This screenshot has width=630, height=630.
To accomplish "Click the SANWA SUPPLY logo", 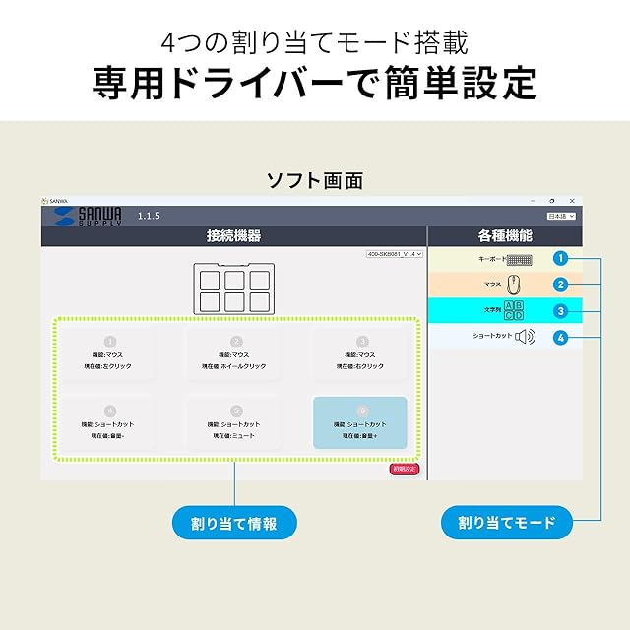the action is (87, 216).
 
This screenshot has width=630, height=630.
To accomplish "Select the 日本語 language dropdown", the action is (561, 215).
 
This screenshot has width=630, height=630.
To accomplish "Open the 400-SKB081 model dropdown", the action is (394, 254).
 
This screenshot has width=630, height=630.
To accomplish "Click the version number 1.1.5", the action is (149, 215).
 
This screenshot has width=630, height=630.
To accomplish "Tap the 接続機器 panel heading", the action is (233, 236).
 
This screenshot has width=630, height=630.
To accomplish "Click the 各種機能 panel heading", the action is (504, 236).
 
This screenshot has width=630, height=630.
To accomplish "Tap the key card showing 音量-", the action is (109, 422).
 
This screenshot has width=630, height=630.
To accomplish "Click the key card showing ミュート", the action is (235, 422).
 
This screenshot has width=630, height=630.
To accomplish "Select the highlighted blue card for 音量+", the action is (359, 422).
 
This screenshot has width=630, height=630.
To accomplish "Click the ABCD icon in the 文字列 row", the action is (514, 310).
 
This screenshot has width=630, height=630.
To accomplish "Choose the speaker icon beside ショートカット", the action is (525, 337).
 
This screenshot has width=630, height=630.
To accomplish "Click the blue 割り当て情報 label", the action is (234, 523).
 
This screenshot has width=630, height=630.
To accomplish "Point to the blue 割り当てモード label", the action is (507, 523).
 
